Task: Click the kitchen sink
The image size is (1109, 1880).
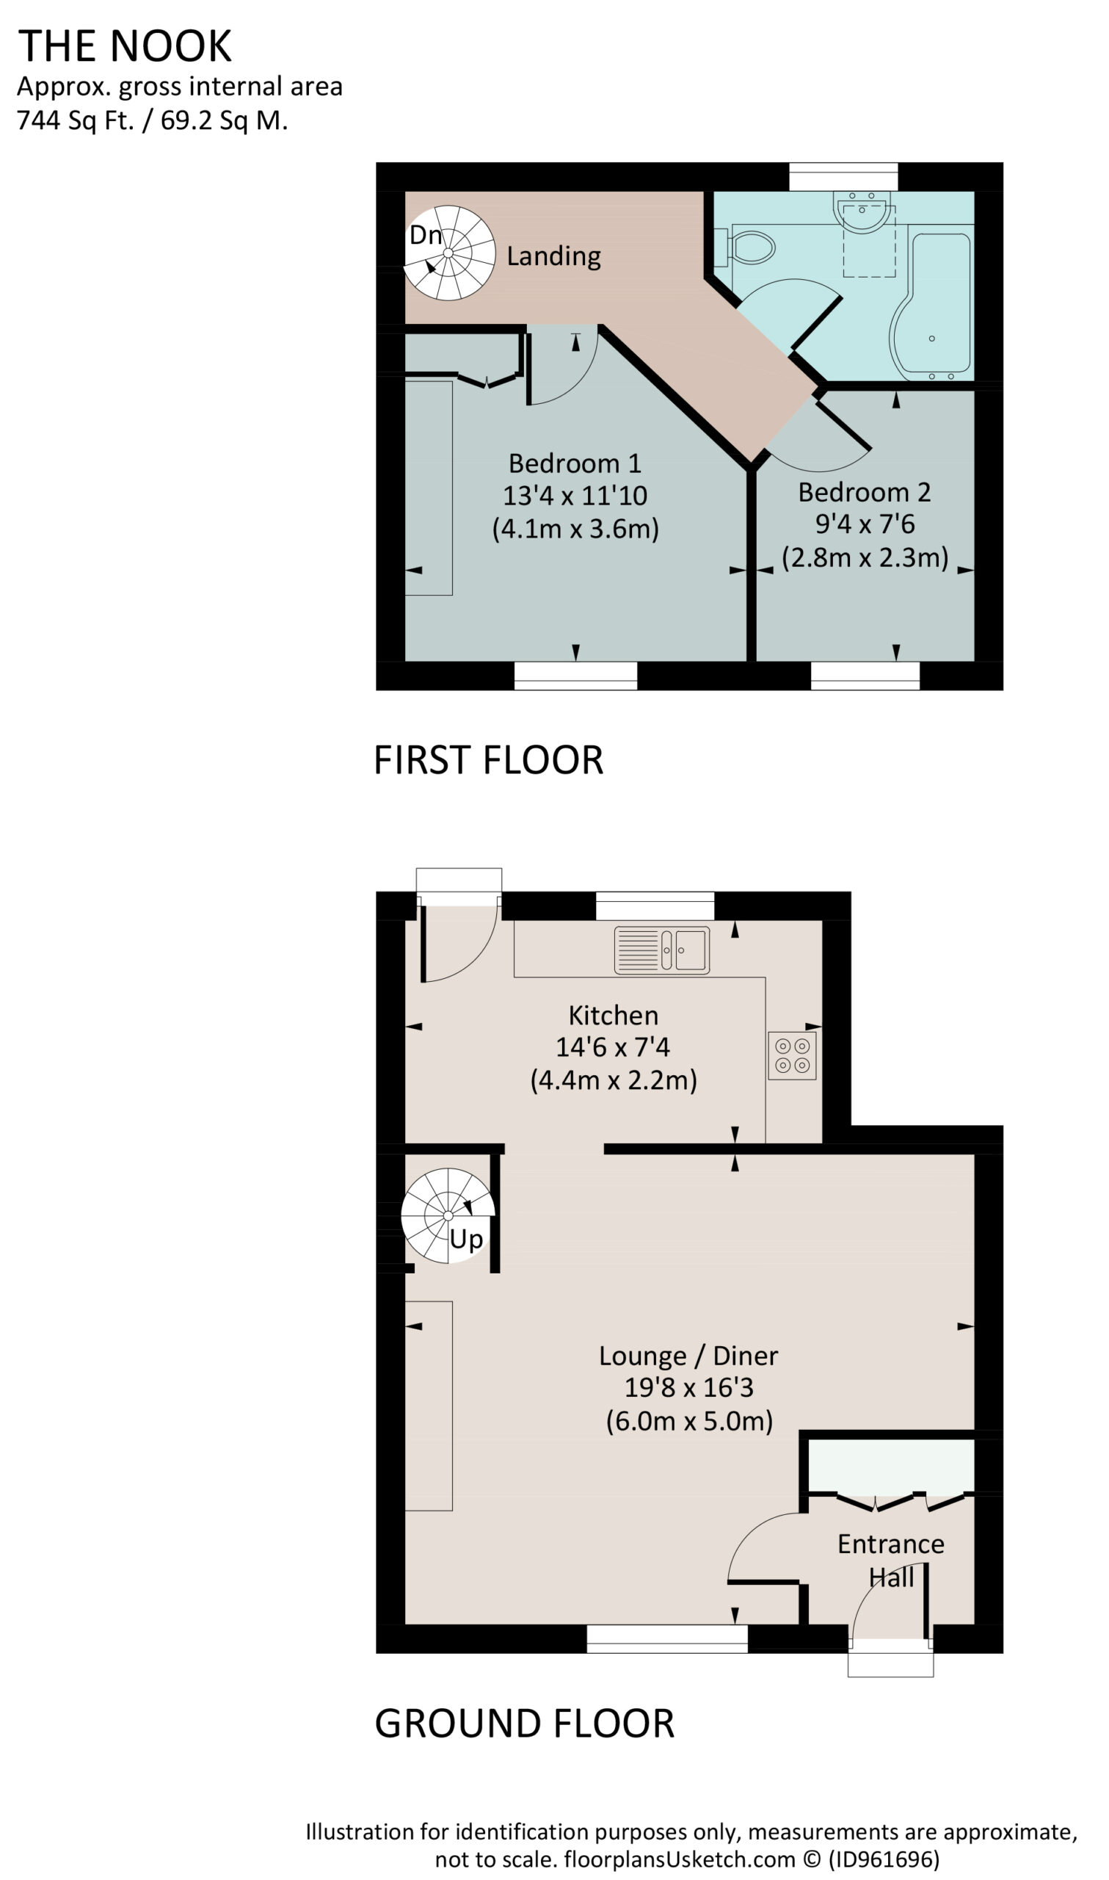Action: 662,950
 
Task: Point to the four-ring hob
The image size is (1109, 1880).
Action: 792,1055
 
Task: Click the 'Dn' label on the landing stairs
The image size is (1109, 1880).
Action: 426,235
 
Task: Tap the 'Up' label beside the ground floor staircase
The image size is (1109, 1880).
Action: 466,1240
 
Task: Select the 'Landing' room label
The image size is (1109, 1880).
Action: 553,256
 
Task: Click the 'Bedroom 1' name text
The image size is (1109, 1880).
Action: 575,463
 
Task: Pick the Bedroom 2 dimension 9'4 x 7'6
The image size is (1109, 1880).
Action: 865,524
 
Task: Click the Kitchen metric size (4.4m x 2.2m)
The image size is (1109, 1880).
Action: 614,1080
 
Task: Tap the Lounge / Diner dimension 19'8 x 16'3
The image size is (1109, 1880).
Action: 689,1387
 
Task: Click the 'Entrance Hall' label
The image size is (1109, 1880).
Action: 891,1560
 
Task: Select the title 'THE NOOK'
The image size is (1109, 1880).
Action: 125,46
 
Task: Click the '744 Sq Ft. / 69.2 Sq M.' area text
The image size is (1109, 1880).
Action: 153,120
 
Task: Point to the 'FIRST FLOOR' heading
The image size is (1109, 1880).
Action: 489,760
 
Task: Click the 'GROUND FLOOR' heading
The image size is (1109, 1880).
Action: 525,1724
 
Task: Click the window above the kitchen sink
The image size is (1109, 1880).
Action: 655,906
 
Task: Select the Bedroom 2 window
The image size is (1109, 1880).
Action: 865,676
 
